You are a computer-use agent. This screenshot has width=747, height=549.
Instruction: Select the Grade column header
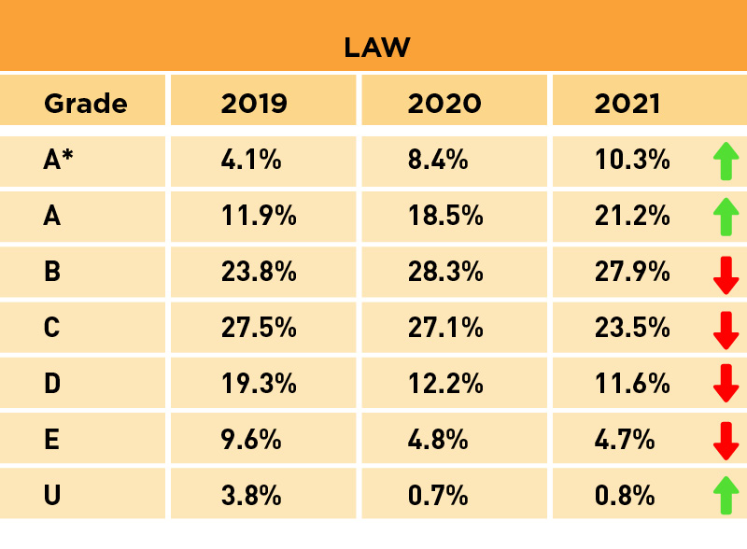click(x=85, y=103)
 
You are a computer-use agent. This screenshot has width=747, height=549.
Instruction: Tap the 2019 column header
click(x=254, y=103)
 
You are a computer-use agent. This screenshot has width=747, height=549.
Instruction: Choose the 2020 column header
click(x=444, y=103)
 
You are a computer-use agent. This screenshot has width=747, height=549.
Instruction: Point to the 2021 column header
click(x=627, y=103)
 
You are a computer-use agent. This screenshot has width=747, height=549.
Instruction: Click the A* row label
click(x=58, y=160)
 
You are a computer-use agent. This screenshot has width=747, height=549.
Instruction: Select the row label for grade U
click(x=52, y=495)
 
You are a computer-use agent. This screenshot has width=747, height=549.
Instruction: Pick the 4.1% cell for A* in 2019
click(x=251, y=160)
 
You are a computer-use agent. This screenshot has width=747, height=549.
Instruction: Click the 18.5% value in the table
click(x=445, y=216)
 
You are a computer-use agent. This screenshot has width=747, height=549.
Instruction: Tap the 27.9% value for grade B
click(x=632, y=272)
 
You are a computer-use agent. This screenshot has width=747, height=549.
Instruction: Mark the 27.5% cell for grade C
click(x=259, y=328)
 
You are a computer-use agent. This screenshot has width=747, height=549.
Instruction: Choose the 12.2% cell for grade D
click(x=445, y=383)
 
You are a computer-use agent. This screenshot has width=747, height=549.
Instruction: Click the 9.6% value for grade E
click(x=251, y=439)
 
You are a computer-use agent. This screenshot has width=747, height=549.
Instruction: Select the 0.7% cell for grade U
click(x=438, y=495)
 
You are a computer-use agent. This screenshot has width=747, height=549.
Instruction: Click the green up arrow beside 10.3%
click(x=726, y=161)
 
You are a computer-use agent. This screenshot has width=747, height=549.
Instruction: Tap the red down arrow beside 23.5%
click(x=726, y=329)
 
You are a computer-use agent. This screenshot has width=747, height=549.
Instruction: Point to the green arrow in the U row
click(x=726, y=495)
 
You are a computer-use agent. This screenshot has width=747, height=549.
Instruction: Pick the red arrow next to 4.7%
click(x=726, y=440)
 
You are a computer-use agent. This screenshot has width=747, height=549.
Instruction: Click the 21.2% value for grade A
click(x=632, y=216)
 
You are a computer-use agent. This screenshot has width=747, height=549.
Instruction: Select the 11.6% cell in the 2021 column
click(x=632, y=383)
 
